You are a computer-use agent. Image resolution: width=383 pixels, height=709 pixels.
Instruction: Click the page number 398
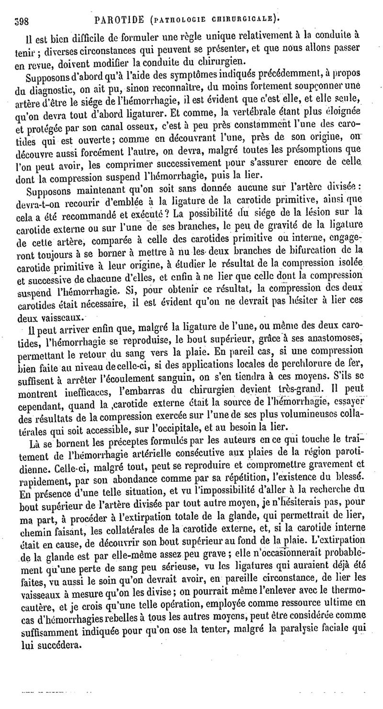(23, 21)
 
